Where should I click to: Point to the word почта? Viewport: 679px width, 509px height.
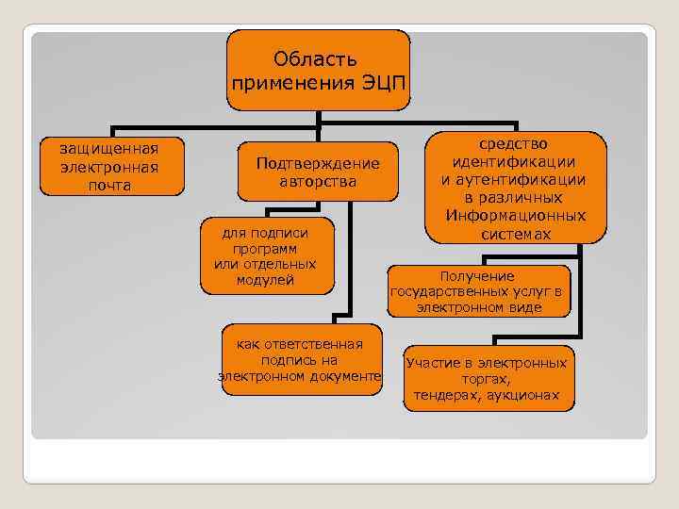tap(108, 185)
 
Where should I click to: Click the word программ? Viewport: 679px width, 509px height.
tap(258, 247)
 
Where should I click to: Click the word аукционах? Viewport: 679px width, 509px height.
tap(522, 396)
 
